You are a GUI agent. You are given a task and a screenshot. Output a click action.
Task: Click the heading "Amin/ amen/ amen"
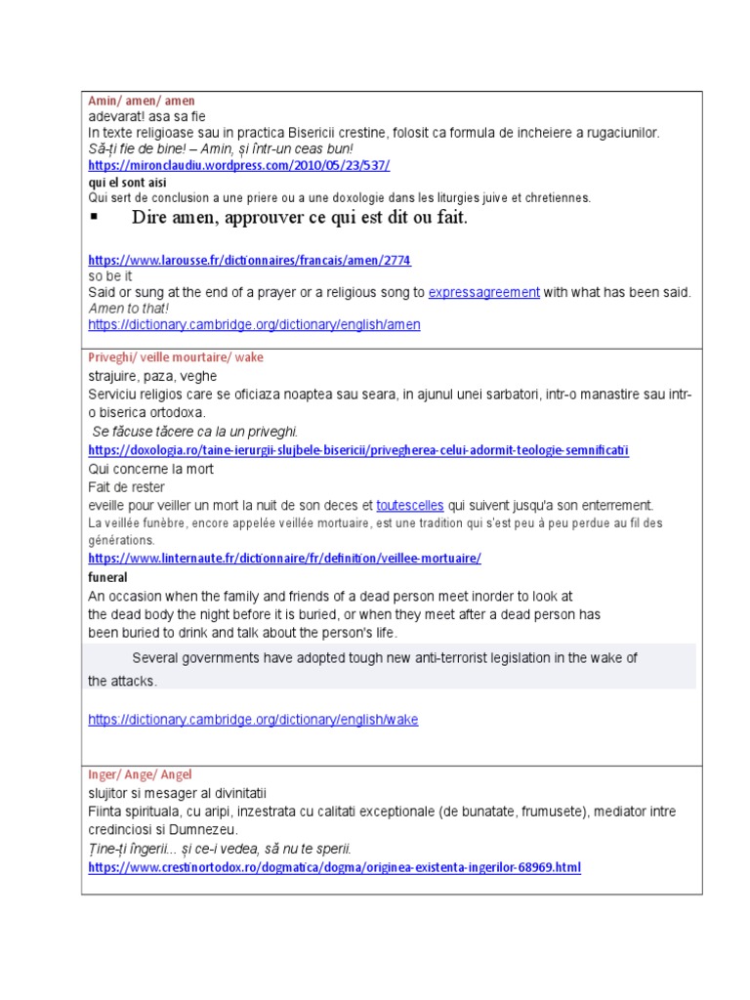click(142, 101)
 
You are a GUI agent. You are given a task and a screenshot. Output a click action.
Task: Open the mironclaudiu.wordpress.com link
click(239, 165)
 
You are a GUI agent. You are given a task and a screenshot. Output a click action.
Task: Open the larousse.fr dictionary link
click(249, 261)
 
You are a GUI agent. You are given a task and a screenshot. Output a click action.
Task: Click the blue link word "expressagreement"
click(484, 292)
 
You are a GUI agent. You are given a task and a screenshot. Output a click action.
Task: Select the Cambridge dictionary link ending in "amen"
click(254, 324)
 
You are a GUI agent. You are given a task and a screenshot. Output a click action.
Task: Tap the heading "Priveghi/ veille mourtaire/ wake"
click(176, 357)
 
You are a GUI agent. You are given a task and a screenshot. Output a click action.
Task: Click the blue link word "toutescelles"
click(410, 505)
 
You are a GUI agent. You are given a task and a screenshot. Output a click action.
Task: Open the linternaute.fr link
click(284, 559)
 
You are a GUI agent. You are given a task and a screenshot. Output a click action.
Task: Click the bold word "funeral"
click(108, 577)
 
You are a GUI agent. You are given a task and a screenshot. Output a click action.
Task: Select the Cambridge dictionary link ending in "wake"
click(253, 720)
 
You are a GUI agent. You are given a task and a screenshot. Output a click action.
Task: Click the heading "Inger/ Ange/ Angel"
click(141, 774)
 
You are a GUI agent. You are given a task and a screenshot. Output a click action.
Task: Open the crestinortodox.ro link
click(334, 867)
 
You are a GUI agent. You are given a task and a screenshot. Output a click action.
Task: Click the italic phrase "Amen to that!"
click(128, 308)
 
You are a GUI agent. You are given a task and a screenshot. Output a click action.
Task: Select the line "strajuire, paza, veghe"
click(152, 376)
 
